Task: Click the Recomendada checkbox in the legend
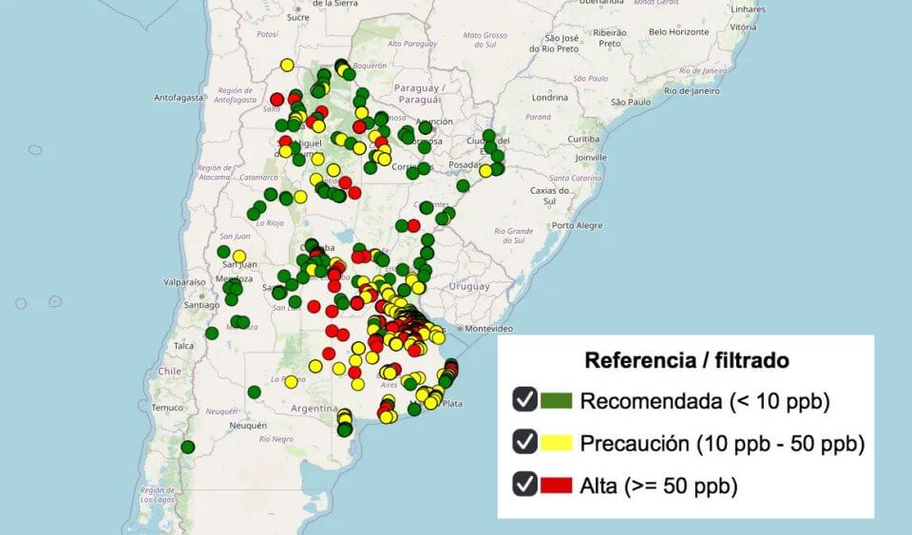[x=525, y=400]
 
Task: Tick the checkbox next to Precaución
[x=525, y=442]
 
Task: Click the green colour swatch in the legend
[x=557, y=401]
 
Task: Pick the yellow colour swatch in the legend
[x=557, y=443]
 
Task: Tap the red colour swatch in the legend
[x=557, y=485]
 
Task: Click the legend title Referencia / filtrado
[x=686, y=361]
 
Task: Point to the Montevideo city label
[x=488, y=328]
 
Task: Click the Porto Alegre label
[x=578, y=225]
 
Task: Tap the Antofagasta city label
[x=179, y=97]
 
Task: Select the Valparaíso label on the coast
[x=184, y=282]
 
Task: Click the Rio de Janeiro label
[x=692, y=91]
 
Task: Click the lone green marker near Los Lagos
[x=188, y=447]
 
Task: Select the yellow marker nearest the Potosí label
[x=287, y=66]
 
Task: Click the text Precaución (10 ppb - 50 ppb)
[x=721, y=443]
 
